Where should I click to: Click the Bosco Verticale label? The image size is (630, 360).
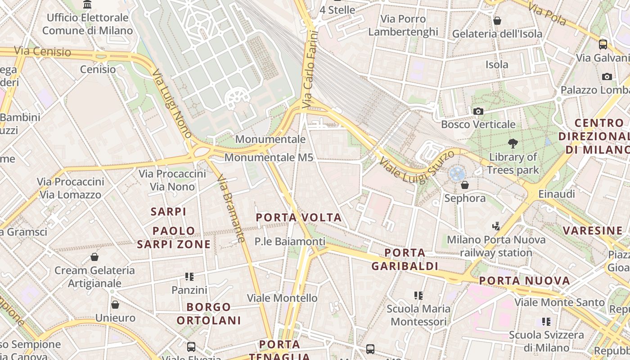pyautogui.click(x=478, y=124)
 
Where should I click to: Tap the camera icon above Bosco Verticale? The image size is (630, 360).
pyautogui.click(x=478, y=111)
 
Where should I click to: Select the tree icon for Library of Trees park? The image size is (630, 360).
pyautogui.click(x=513, y=144)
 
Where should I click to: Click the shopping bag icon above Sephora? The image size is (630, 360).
pyautogui.click(x=465, y=185)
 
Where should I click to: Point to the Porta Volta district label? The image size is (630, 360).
pyautogui.click(x=299, y=218)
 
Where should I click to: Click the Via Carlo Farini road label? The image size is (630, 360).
pyautogui.click(x=310, y=69)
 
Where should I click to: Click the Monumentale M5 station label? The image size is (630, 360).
pyautogui.click(x=269, y=157)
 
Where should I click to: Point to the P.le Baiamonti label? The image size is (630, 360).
pyautogui.click(x=290, y=242)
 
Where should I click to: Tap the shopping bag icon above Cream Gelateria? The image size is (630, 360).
pyautogui.click(x=94, y=257)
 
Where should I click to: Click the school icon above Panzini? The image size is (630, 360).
pyautogui.click(x=189, y=277)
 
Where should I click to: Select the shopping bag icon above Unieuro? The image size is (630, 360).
pyautogui.click(x=115, y=305)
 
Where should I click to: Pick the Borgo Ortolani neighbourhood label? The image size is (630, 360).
pyautogui.click(x=209, y=314)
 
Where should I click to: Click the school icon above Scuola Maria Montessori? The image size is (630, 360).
pyautogui.click(x=418, y=296)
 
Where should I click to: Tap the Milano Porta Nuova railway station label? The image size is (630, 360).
pyautogui.click(x=496, y=246)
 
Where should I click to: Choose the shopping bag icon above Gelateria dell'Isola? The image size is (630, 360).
pyautogui.click(x=497, y=21)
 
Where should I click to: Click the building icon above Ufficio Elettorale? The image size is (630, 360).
pyautogui.click(x=88, y=5)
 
